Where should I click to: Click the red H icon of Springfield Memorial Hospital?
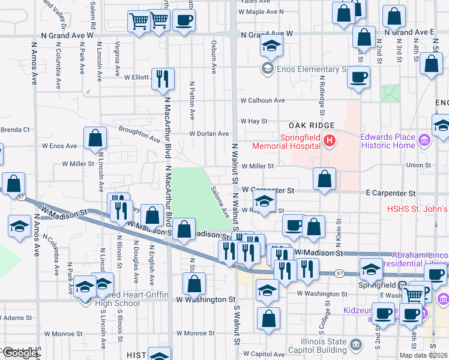329,141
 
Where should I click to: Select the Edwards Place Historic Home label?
388,141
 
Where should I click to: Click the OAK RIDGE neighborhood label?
310,125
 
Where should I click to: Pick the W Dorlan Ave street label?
209,133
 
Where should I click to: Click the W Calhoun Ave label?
263,100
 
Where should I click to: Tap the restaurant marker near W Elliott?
163,79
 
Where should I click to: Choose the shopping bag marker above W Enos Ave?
95,138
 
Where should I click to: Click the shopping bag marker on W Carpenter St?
324,178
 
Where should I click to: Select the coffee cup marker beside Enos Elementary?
358,77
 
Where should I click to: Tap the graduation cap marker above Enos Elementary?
271,46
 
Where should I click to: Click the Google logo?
20,353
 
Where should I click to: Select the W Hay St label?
254,121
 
